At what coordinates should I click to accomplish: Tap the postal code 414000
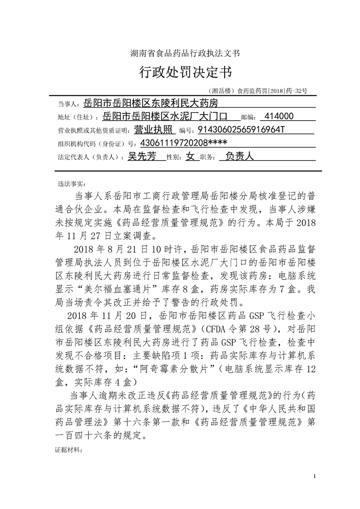click(x=279, y=117)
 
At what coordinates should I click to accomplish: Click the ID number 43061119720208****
click(x=184, y=143)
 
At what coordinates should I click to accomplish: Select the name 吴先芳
click(x=142, y=157)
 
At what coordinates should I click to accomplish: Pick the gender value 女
click(x=190, y=157)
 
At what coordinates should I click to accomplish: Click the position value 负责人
click(x=239, y=157)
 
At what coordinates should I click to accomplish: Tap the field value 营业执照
click(x=154, y=130)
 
